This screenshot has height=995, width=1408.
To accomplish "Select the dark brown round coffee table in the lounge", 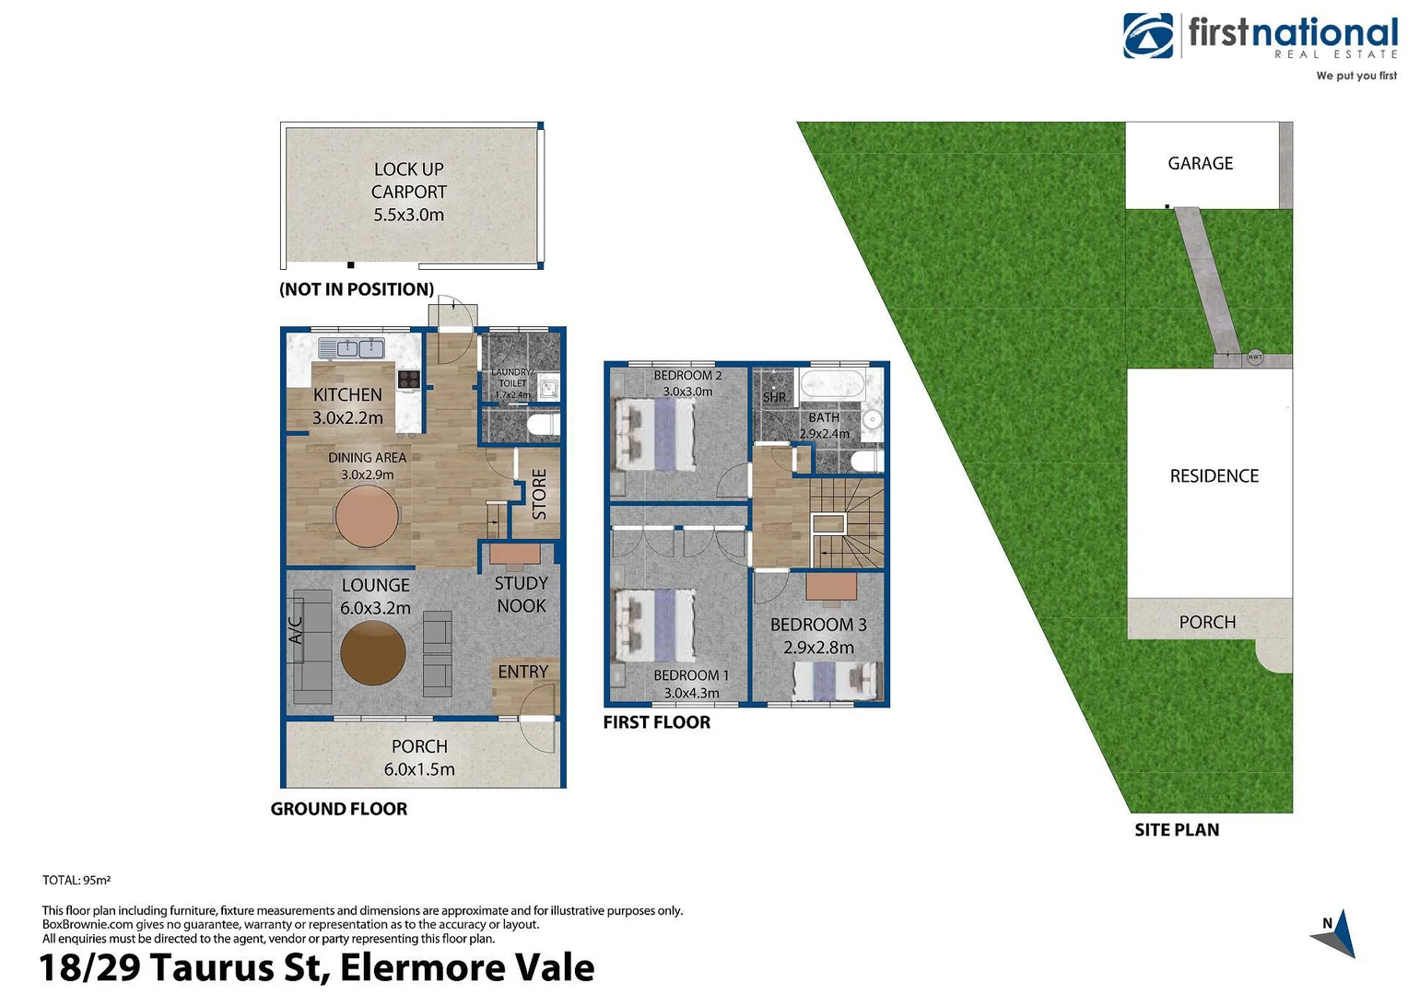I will [x=372, y=652].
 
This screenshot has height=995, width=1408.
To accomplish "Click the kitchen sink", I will [x=351, y=348].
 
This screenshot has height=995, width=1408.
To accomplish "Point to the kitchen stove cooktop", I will [x=408, y=379].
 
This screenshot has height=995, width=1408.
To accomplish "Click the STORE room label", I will [x=539, y=494].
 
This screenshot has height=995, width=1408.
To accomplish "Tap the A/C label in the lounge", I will [x=296, y=630].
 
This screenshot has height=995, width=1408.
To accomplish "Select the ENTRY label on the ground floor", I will [x=522, y=672].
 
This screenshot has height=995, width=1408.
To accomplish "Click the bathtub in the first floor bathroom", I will [x=833, y=383].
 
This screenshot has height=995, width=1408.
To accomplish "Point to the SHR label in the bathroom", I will [x=774, y=397].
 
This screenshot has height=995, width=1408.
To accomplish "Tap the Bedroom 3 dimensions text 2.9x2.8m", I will [x=818, y=648].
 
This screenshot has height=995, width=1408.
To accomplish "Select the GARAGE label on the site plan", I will [x=1200, y=163].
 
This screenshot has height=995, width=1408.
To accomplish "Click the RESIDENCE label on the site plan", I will [x=1214, y=475].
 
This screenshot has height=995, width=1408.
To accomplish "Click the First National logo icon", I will [x=1147, y=36].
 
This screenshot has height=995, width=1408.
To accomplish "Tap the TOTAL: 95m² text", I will [x=76, y=880].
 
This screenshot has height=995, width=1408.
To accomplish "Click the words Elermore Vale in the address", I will [x=467, y=968].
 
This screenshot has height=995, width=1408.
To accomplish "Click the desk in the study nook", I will [x=514, y=553].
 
